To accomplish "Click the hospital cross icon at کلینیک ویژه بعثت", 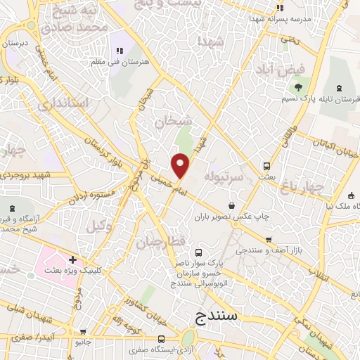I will pos(72,259).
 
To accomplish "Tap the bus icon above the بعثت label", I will pos(266,167).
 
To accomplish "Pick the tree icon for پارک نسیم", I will pos(299,87).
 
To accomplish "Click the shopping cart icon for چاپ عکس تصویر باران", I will pos(268,219).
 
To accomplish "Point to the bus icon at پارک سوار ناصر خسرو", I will pos(198,252).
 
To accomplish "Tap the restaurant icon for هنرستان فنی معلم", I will pos(120,51).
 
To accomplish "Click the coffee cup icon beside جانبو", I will pos(84,332).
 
